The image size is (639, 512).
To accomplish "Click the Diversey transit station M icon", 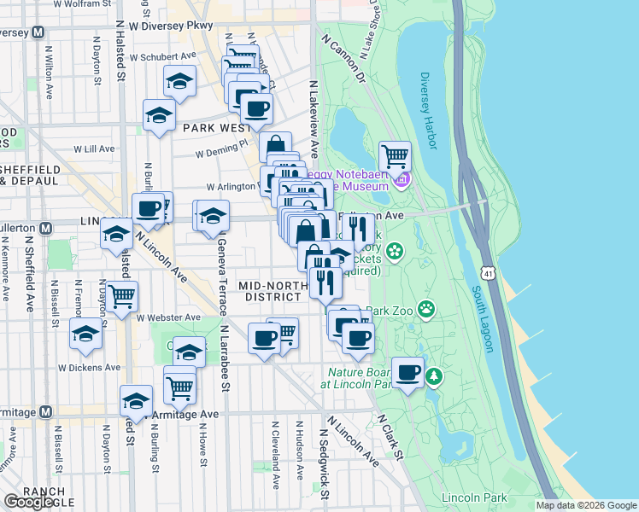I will tap(38, 32).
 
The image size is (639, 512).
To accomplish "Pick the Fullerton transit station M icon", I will tap(48, 228).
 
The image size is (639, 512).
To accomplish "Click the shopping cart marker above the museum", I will tap(395, 157).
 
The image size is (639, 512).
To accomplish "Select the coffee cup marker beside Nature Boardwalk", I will tap(408, 372).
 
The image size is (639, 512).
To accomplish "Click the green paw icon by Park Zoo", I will tap(426, 309).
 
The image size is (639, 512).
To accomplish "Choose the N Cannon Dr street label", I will tap(343, 60).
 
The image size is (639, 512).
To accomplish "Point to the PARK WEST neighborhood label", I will tap(215, 127).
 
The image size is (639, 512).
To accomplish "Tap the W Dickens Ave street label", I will tap(89, 367).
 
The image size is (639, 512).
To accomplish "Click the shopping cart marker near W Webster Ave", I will tap(122, 295).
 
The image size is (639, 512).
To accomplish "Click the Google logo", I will tap(29, 502).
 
